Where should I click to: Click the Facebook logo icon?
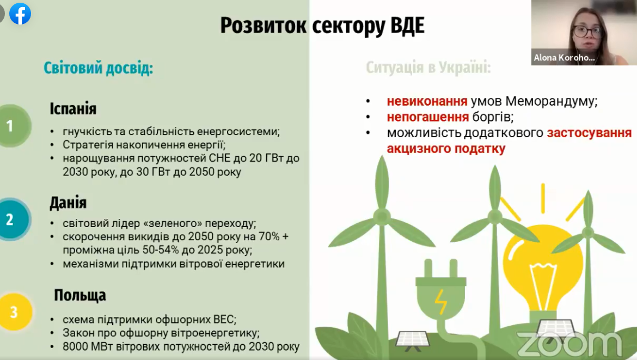20,14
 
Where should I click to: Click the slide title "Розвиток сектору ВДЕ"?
322,26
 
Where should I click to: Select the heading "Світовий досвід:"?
98,69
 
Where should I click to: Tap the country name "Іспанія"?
73,109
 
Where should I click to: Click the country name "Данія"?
68,203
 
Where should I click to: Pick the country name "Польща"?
79,296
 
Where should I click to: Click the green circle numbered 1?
10,126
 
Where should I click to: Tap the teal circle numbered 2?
10,220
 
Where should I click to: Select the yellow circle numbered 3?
13,313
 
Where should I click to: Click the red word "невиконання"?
427,101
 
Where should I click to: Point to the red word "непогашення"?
428,117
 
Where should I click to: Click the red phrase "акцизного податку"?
446,149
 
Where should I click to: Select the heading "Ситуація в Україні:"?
428,69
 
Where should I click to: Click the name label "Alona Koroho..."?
563,58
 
